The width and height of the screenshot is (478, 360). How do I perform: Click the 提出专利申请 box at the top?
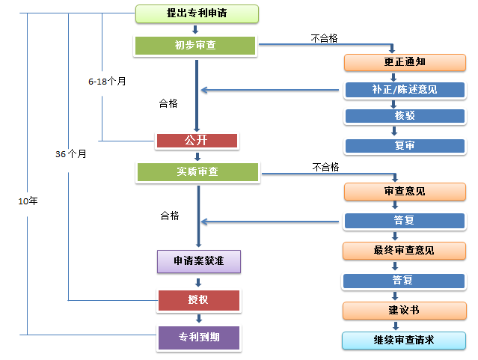(197, 13)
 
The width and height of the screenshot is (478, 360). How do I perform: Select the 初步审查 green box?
(196, 46)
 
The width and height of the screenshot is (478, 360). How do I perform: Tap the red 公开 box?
(197, 141)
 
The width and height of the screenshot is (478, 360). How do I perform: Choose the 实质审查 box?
(197, 172)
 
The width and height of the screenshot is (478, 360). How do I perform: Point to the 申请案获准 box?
(198, 261)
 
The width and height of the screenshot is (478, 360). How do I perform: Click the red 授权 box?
(198, 301)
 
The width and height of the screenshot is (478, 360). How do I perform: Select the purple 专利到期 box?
(198, 338)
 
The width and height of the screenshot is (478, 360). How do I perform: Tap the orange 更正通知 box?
(404, 61)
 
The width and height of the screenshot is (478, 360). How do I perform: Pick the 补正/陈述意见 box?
(404, 90)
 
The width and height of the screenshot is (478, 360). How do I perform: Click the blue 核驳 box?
(404, 117)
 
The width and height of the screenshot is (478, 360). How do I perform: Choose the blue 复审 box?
(404, 145)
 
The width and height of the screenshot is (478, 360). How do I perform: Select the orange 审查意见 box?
(404, 192)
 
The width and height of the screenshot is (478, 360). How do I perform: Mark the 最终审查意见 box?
(404, 250)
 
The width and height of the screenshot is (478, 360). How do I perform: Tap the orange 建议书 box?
(404, 310)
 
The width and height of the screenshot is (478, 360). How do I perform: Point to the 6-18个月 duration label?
(106, 81)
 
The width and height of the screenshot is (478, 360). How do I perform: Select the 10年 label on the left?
(28, 201)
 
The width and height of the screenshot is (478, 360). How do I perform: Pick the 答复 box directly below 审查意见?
(404, 221)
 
